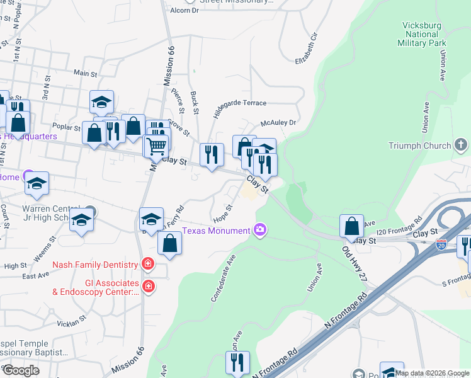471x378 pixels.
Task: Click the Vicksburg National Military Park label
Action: pos(421,35)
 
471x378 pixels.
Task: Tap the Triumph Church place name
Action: pos(419,146)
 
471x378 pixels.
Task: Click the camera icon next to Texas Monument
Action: pos(260,231)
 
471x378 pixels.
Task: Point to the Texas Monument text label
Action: pos(216,231)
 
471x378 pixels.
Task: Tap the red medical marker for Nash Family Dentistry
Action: pos(147,265)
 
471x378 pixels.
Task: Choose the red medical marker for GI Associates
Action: pos(147,287)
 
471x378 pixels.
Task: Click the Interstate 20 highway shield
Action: pos(442,243)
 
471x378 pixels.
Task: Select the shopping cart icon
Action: pos(156,146)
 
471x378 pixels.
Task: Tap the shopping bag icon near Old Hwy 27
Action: pos(351,226)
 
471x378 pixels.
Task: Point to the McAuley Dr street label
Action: pos(278,123)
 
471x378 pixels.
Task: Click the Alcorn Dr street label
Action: pos(184,11)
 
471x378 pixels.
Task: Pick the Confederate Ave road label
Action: pos(223,278)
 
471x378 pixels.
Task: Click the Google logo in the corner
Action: pos(21,370)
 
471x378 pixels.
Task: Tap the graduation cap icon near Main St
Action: pos(101,101)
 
